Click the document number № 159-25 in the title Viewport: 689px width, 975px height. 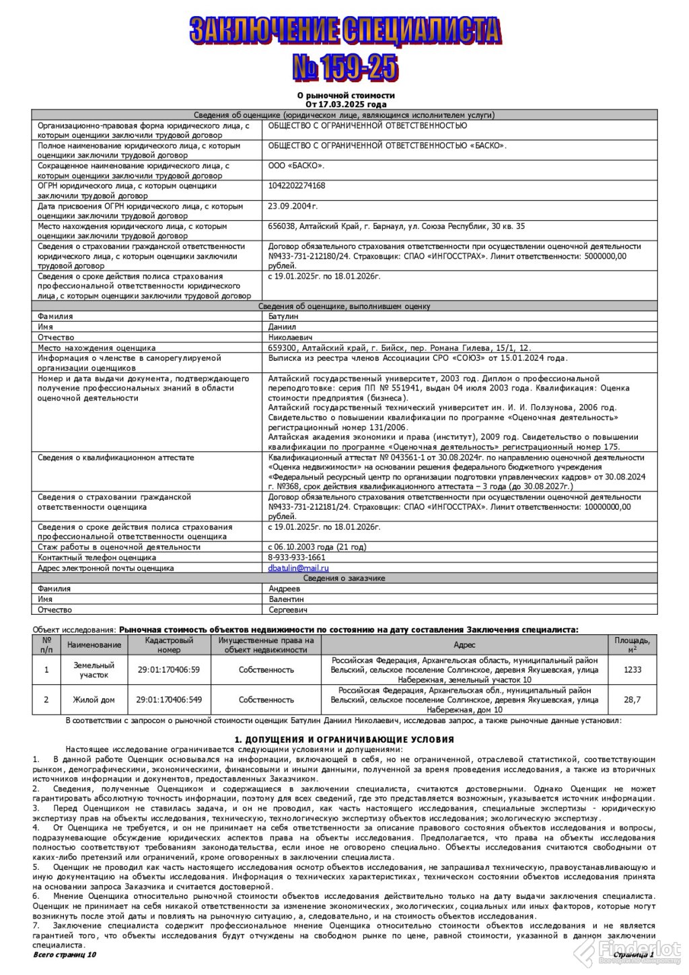click(344, 67)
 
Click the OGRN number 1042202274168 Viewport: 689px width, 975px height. click(296, 186)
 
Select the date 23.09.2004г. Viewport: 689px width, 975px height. click(293, 206)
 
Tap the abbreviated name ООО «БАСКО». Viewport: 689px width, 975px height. click(296, 165)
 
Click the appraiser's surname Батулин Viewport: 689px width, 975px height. click(283, 316)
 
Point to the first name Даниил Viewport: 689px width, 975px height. click(283, 327)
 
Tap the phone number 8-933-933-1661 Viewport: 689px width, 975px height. click(296, 558)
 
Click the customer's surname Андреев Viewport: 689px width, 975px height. click(285, 589)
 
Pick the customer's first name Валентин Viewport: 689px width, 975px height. click(286, 599)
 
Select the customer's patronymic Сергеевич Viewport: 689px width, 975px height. click(288, 610)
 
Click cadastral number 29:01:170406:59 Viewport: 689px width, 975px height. click(169, 670)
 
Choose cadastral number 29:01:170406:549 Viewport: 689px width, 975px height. click(169, 700)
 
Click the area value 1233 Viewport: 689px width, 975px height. click(632, 670)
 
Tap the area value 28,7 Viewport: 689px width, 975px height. click(632, 700)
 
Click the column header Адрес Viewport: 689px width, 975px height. click(464, 645)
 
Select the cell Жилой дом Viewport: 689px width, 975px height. click(94, 700)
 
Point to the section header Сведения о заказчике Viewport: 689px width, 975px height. click(344, 578)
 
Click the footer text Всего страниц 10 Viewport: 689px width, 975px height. click(65, 955)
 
